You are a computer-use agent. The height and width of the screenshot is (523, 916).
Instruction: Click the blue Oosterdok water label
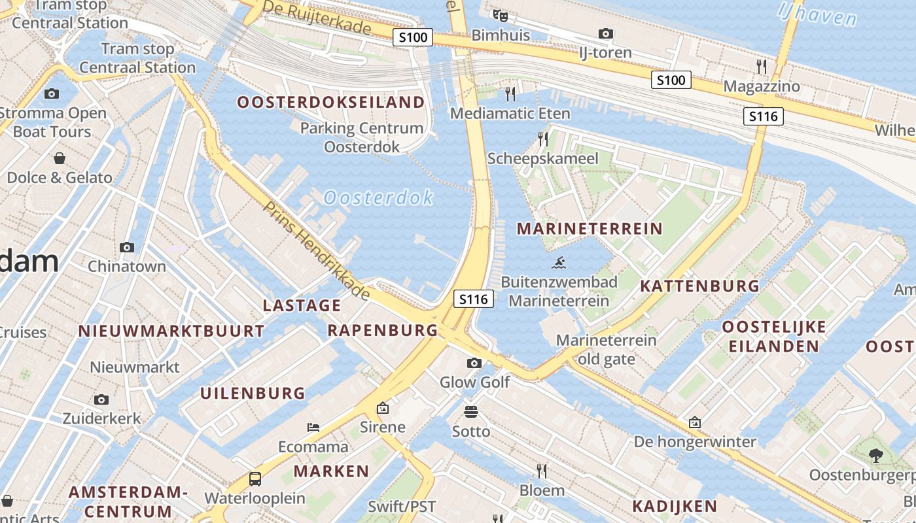(378, 197)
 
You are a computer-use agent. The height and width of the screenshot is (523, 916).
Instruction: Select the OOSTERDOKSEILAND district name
(330, 103)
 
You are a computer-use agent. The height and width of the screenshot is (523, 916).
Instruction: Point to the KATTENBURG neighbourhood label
(699, 286)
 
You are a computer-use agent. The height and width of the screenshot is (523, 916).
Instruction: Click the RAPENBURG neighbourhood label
(382, 330)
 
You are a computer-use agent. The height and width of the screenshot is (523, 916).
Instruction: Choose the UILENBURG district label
(253, 394)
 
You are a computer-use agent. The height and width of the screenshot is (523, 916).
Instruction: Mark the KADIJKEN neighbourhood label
(675, 506)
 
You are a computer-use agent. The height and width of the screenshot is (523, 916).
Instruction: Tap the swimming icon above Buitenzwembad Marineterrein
(559, 263)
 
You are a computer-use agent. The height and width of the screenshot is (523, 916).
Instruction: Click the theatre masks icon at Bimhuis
(501, 15)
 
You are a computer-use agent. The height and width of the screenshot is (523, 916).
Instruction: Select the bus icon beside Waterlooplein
(255, 479)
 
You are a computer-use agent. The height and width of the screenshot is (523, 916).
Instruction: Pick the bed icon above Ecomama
(313, 428)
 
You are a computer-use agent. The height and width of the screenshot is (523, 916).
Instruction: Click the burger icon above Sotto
(471, 412)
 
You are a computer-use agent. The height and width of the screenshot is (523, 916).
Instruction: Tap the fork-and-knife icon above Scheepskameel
(542, 139)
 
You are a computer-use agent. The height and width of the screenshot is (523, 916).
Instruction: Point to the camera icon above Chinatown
(127, 247)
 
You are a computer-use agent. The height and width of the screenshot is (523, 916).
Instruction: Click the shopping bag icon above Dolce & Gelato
(60, 158)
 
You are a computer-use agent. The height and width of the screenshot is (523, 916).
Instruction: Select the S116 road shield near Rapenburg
(473, 299)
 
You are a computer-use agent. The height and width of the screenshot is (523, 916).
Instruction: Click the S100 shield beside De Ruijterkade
(414, 37)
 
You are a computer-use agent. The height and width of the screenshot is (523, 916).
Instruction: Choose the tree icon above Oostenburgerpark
(875, 455)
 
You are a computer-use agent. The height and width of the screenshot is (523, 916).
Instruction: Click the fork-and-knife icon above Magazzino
(761, 66)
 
